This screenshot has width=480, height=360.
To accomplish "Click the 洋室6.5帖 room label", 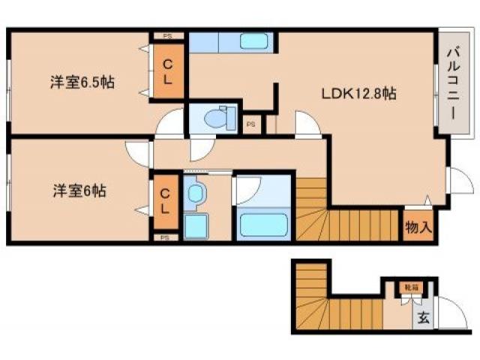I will click(83, 82).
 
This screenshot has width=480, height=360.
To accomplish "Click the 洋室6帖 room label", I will click(79, 191).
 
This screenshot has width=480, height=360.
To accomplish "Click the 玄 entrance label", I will click(424, 317).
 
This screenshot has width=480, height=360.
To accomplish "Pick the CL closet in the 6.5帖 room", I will click(169, 72).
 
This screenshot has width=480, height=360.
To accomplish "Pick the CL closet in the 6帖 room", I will click(166, 200).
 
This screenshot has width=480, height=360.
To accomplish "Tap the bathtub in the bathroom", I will click(262, 223).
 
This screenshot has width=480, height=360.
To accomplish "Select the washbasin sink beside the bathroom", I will click(195, 193).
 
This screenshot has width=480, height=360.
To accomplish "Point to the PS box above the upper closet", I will click(168, 34).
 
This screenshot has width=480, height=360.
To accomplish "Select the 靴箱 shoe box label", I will click(410, 287).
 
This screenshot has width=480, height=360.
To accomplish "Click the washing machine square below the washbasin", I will click(196, 225).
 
